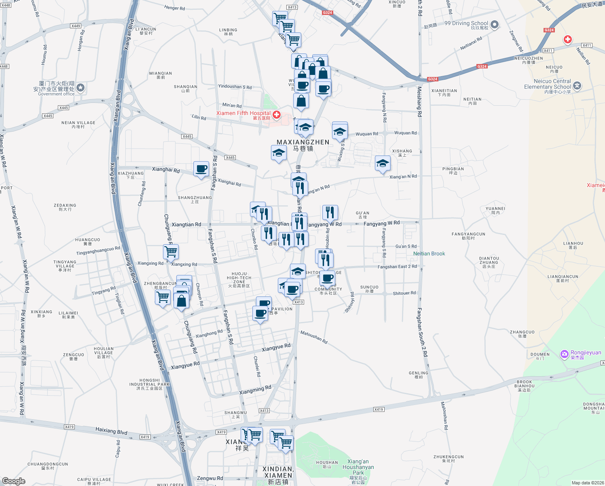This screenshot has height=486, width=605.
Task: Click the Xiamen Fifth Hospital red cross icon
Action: pyautogui.click(x=277, y=115)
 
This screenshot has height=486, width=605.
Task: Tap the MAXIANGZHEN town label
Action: pyautogui.click(x=303, y=143)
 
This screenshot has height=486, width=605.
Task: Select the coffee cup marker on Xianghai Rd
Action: pyautogui.click(x=201, y=169)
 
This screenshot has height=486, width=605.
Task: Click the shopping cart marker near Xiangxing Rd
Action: pyautogui.click(x=171, y=252)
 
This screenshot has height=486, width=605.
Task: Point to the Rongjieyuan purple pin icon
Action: pyautogui.click(x=564, y=354)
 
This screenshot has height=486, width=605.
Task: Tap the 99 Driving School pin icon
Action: pyautogui.click(x=494, y=25)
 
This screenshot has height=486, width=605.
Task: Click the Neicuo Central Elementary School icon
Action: pyautogui.click(x=577, y=86)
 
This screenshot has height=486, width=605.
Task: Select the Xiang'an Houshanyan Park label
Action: pyautogui.click(x=358, y=467)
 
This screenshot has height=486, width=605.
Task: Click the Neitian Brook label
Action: pyautogui.click(x=429, y=254)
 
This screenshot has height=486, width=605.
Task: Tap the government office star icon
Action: pyautogui.click(x=80, y=88)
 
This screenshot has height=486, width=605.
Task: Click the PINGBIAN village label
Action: pyautogui.click(x=453, y=169)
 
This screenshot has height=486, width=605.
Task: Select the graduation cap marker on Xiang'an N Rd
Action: pyautogui.click(x=382, y=163)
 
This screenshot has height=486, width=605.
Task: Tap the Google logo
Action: pyautogui.click(x=14, y=481)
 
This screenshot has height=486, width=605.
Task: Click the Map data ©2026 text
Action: pyautogui.click(x=587, y=483)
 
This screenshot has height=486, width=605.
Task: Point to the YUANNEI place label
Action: pyautogui.click(x=495, y=209)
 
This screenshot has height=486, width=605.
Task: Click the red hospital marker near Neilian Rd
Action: pyautogui.click(x=568, y=39)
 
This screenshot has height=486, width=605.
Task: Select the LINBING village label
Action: pyautogui.click(x=228, y=30)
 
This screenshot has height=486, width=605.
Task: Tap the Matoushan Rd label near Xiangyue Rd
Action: pyautogui.click(x=314, y=337)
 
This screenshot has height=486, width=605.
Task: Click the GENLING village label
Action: pyautogui.click(x=419, y=373)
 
